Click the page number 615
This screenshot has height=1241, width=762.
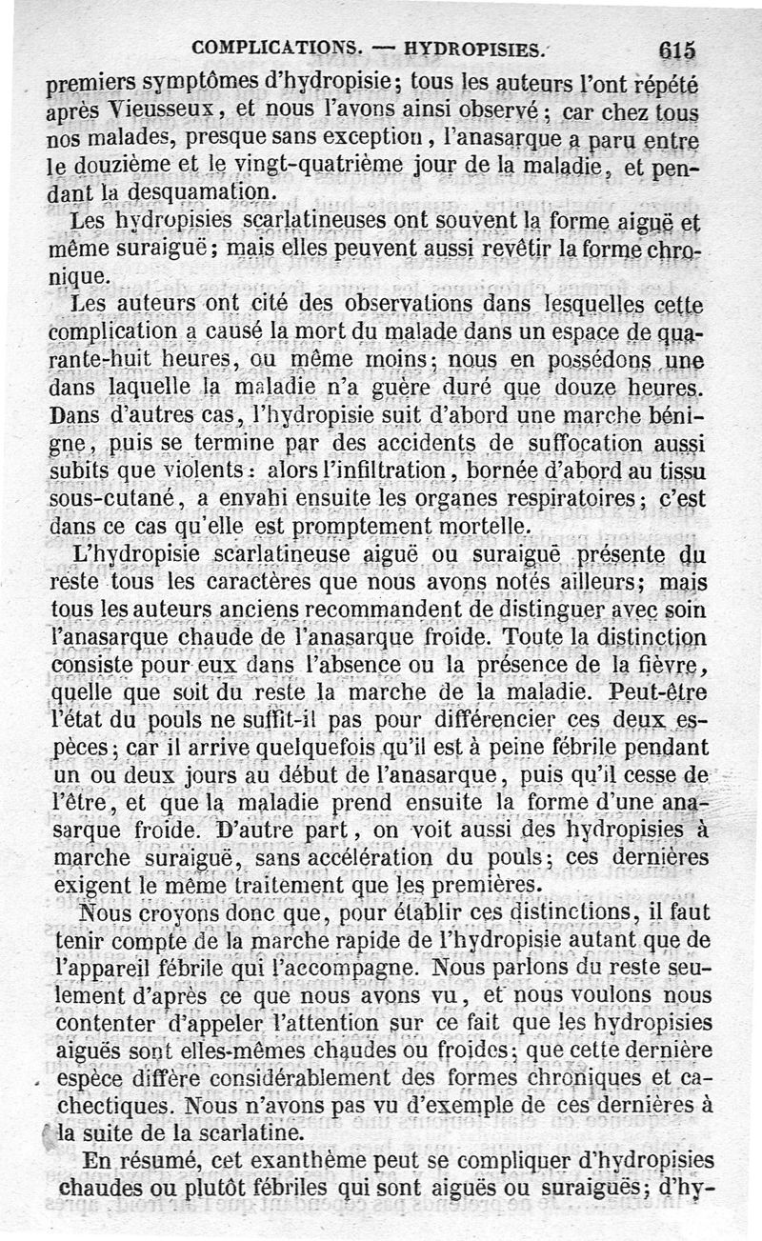676,50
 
